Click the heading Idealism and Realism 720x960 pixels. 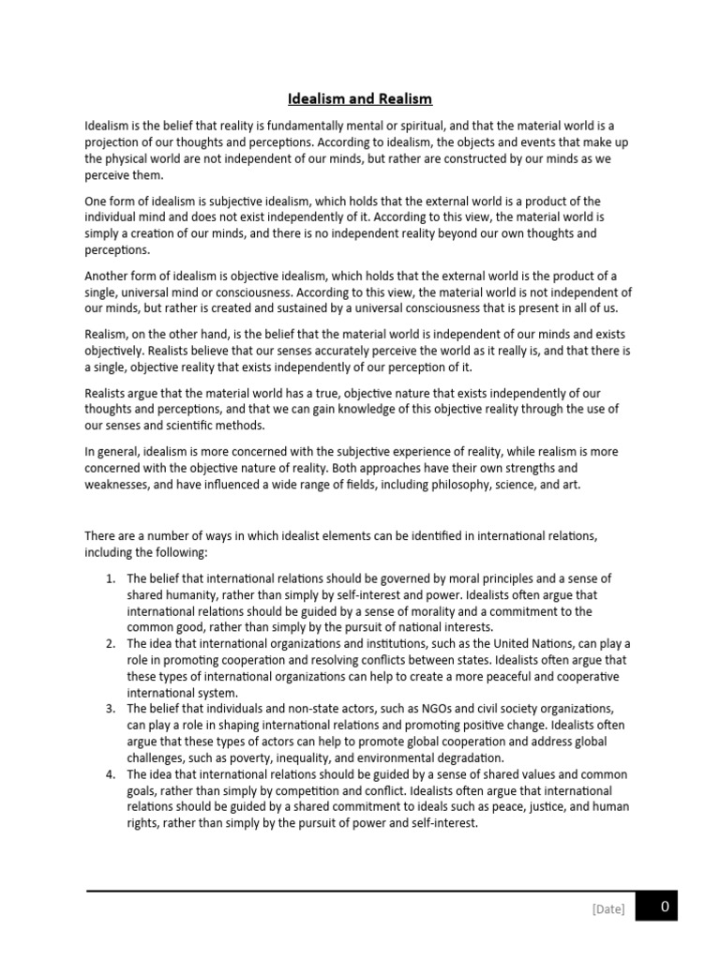(359, 98)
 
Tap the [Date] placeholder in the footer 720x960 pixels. (607, 908)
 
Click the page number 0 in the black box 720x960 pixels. (665, 907)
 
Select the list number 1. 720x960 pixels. (110, 578)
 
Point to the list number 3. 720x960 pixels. (110, 709)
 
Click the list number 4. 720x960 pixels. (110, 774)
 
